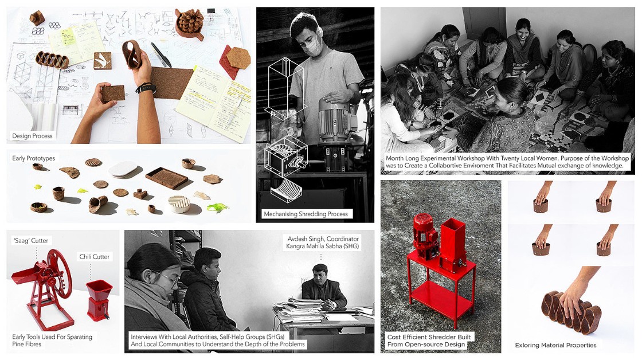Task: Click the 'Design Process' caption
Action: click(x=32, y=136)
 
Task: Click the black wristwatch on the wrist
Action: click(x=146, y=88)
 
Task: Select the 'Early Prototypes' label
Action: click(x=34, y=158)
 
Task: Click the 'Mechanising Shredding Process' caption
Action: click(x=306, y=214)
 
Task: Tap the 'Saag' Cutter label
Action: click(x=31, y=240)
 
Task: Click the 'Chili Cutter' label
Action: click(x=95, y=257)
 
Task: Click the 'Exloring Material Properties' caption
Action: click(x=555, y=345)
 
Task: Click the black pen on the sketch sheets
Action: click(x=161, y=55)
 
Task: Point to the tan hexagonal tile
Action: click(x=238, y=58)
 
